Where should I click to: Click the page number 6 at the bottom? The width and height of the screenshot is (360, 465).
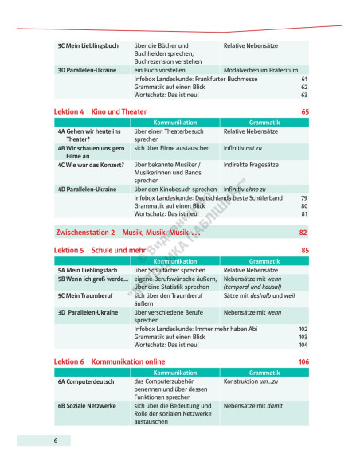pyautogui.click(x=57, y=440)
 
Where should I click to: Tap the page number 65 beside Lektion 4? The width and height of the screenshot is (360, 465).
pyautogui.click(x=304, y=111)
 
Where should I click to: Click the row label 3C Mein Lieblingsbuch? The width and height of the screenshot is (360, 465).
pyautogui.click(x=85, y=46)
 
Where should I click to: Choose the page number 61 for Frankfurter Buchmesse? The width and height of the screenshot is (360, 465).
pyautogui.click(x=303, y=80)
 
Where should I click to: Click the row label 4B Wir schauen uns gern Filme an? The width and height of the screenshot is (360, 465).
pyautogui.click(x=90, y=152)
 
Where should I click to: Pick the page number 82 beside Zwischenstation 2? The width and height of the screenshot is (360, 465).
pyautogui.click(x=303, y=232)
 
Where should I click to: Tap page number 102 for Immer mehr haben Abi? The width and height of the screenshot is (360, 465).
pyautogui.click(x=302, y=328)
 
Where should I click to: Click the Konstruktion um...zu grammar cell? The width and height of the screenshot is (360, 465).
pyautogui.click(x=256, y=382)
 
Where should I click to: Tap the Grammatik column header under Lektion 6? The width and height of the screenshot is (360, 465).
pyautogui.click(x=262, y=372)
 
